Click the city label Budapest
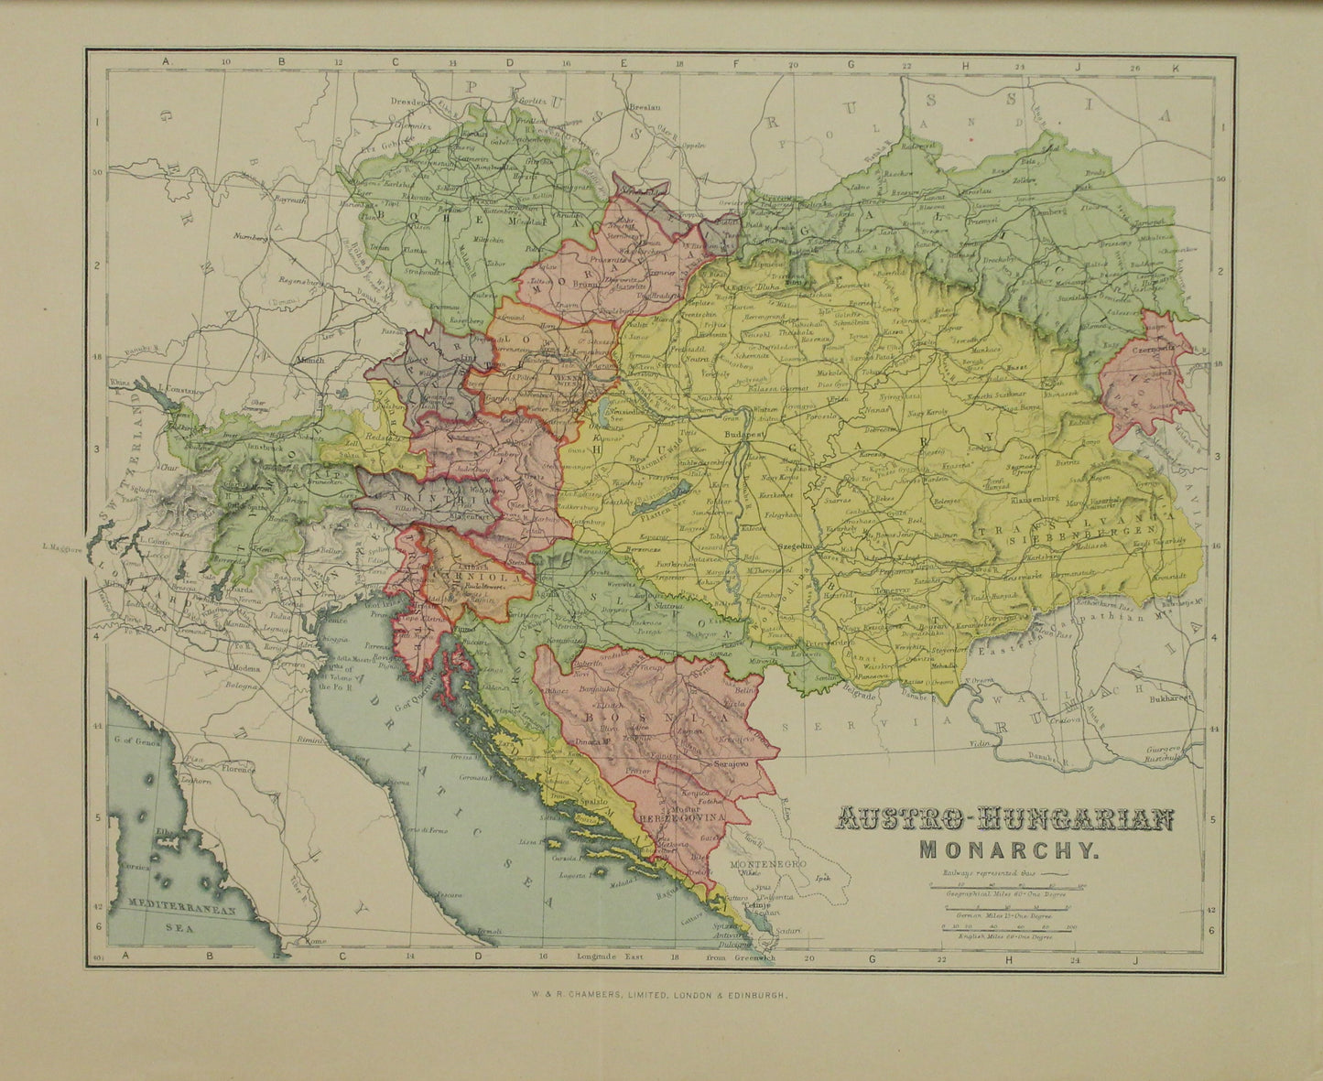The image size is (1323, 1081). click(743, 434)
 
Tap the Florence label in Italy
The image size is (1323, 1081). click(236, 770)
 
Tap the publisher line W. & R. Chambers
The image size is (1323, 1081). click(661, 1003)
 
